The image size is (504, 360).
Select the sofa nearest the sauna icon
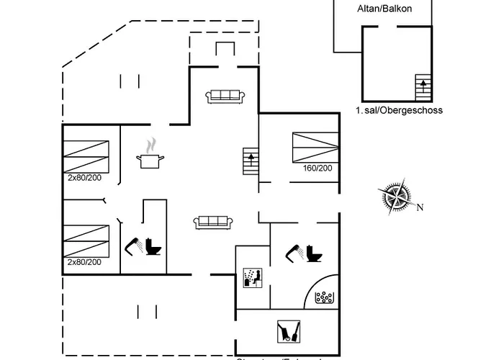211,222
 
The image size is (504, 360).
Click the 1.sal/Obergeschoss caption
398,110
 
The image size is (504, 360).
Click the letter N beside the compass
420,208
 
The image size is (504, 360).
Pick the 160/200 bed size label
318,168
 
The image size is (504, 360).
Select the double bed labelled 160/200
315,147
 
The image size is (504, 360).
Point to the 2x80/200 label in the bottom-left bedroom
85,261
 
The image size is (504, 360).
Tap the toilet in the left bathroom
153,246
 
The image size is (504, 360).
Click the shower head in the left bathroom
134,245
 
